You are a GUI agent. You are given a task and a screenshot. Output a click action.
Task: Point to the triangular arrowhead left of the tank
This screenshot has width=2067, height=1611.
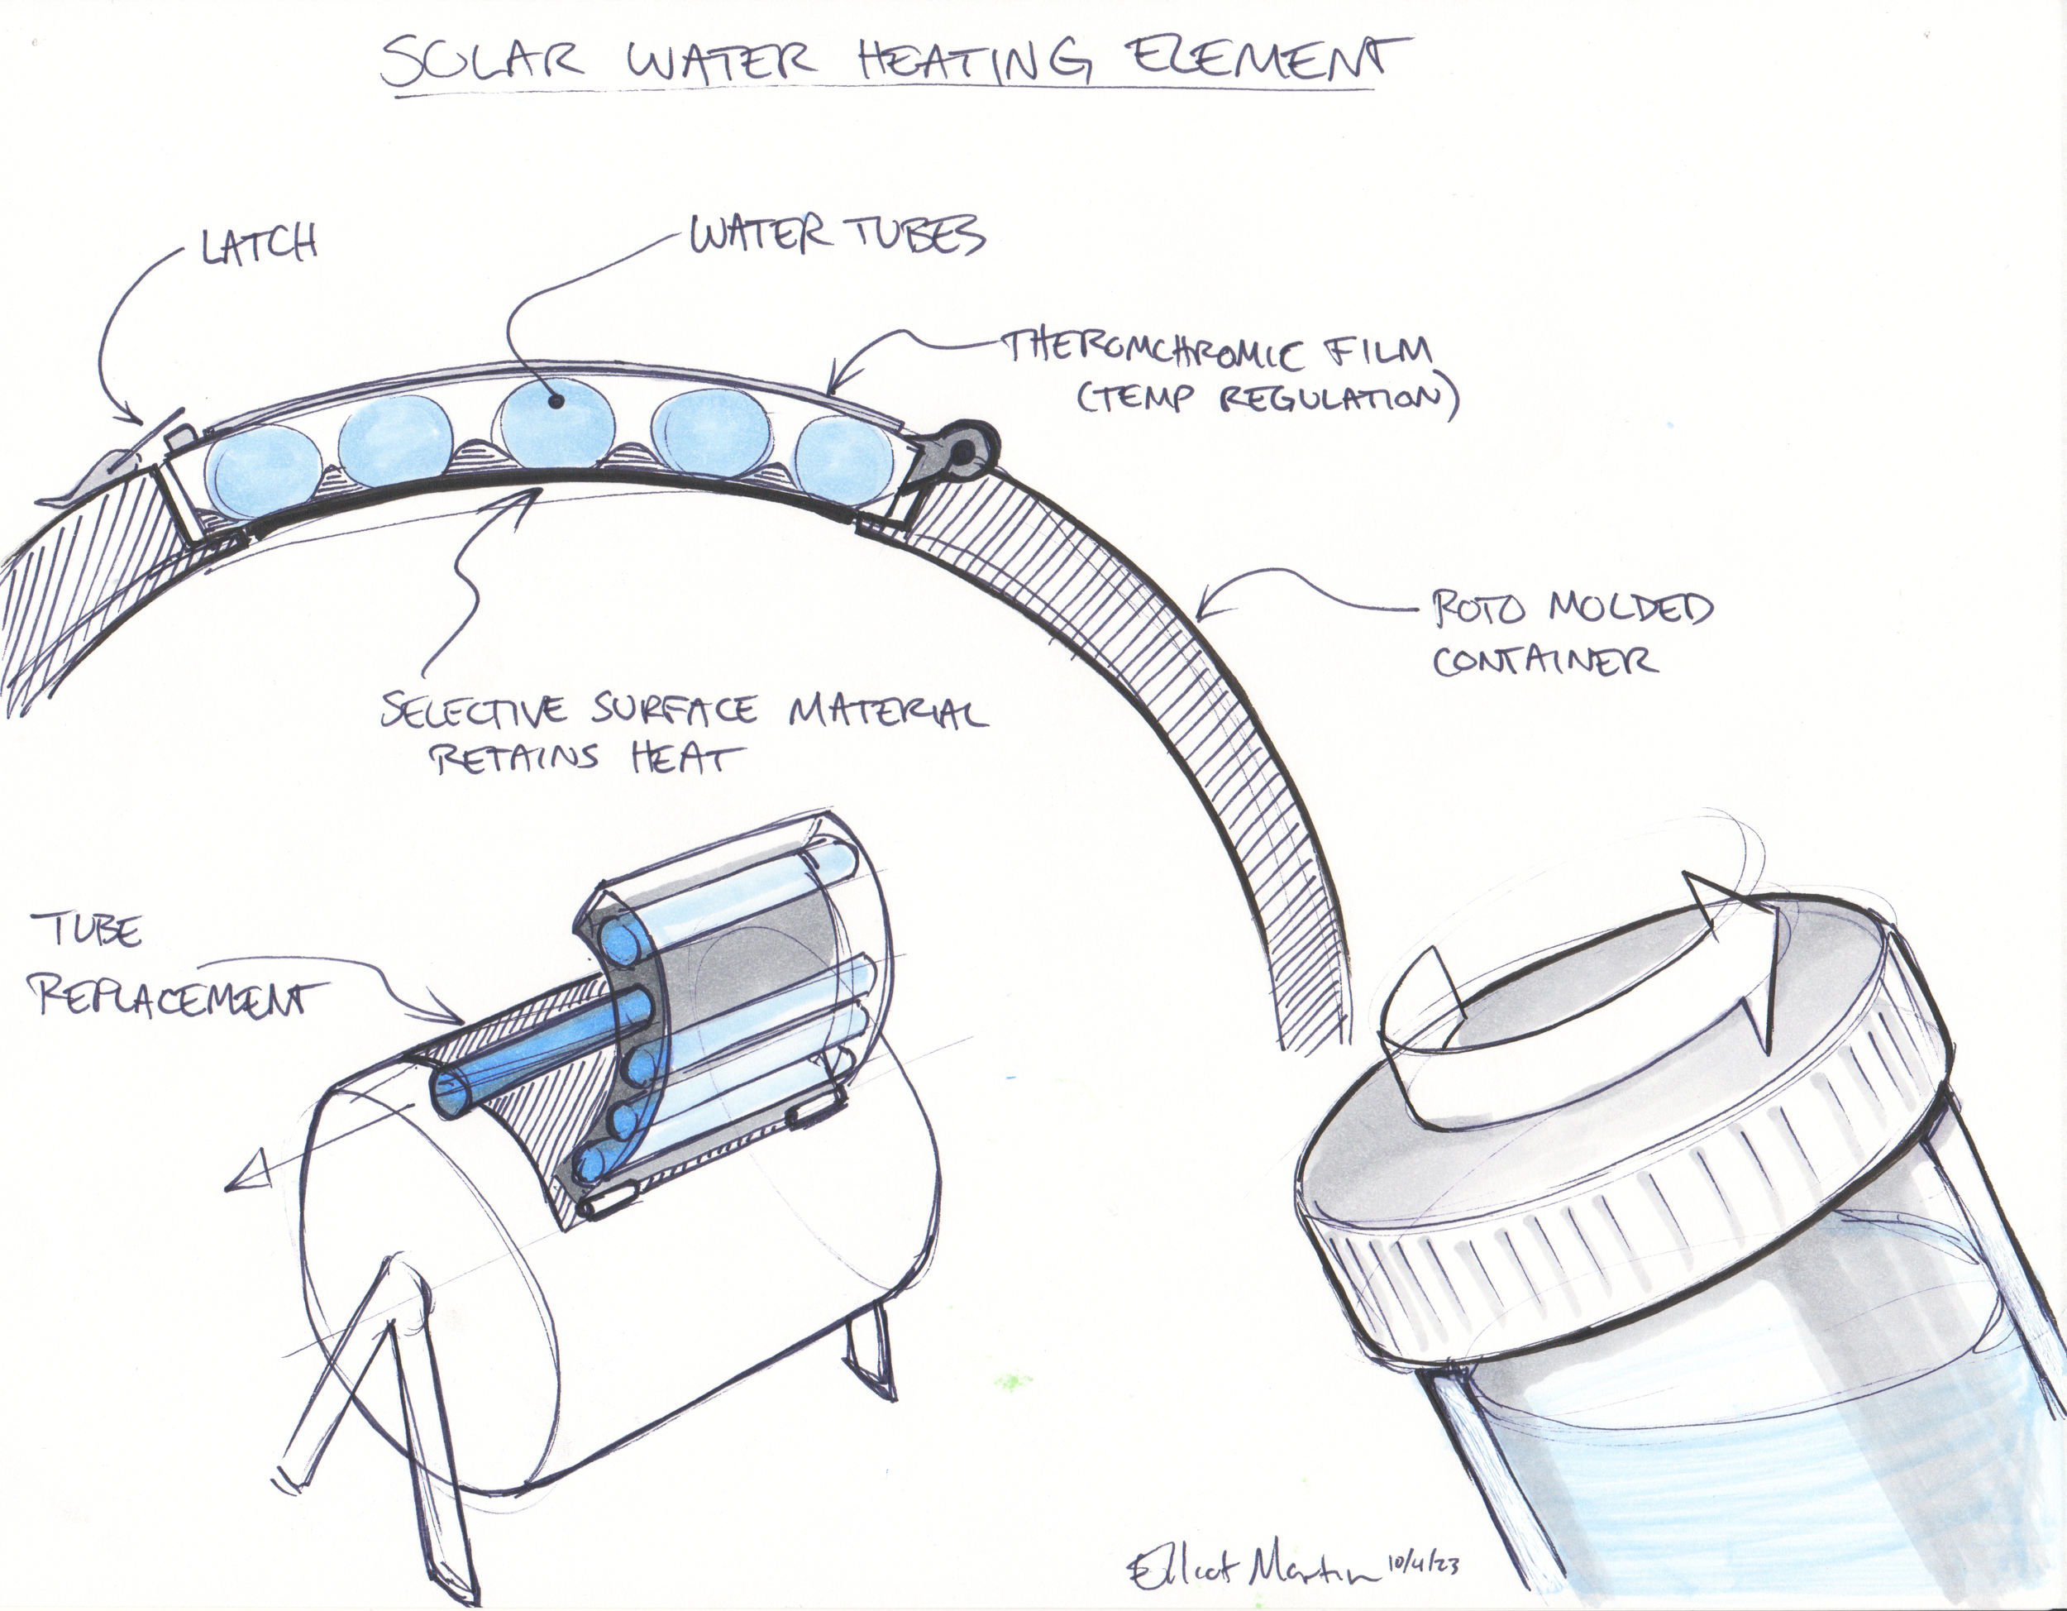click(x=251, y=1178)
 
